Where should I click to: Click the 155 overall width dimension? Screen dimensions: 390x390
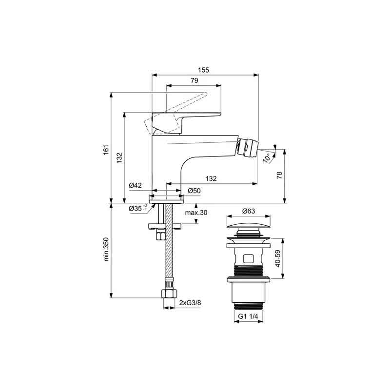click(x=203, y=70)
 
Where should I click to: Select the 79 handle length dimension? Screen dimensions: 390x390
click(x=195, y=80)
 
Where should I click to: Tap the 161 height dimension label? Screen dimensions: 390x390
click(x=106, y=150)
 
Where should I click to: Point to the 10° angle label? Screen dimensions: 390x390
click(x=267, y=158)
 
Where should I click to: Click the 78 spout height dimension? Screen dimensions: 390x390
click(x=279, y=175)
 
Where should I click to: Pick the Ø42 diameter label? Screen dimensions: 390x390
click(x=136, y=185)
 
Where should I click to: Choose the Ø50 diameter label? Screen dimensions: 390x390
click(x=194, y=191)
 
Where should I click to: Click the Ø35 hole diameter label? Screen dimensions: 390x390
click(x=138, y=209)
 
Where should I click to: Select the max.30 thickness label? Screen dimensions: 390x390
click(x=196, y=213)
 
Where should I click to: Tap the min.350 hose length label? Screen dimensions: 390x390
click(x=106, y=250)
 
